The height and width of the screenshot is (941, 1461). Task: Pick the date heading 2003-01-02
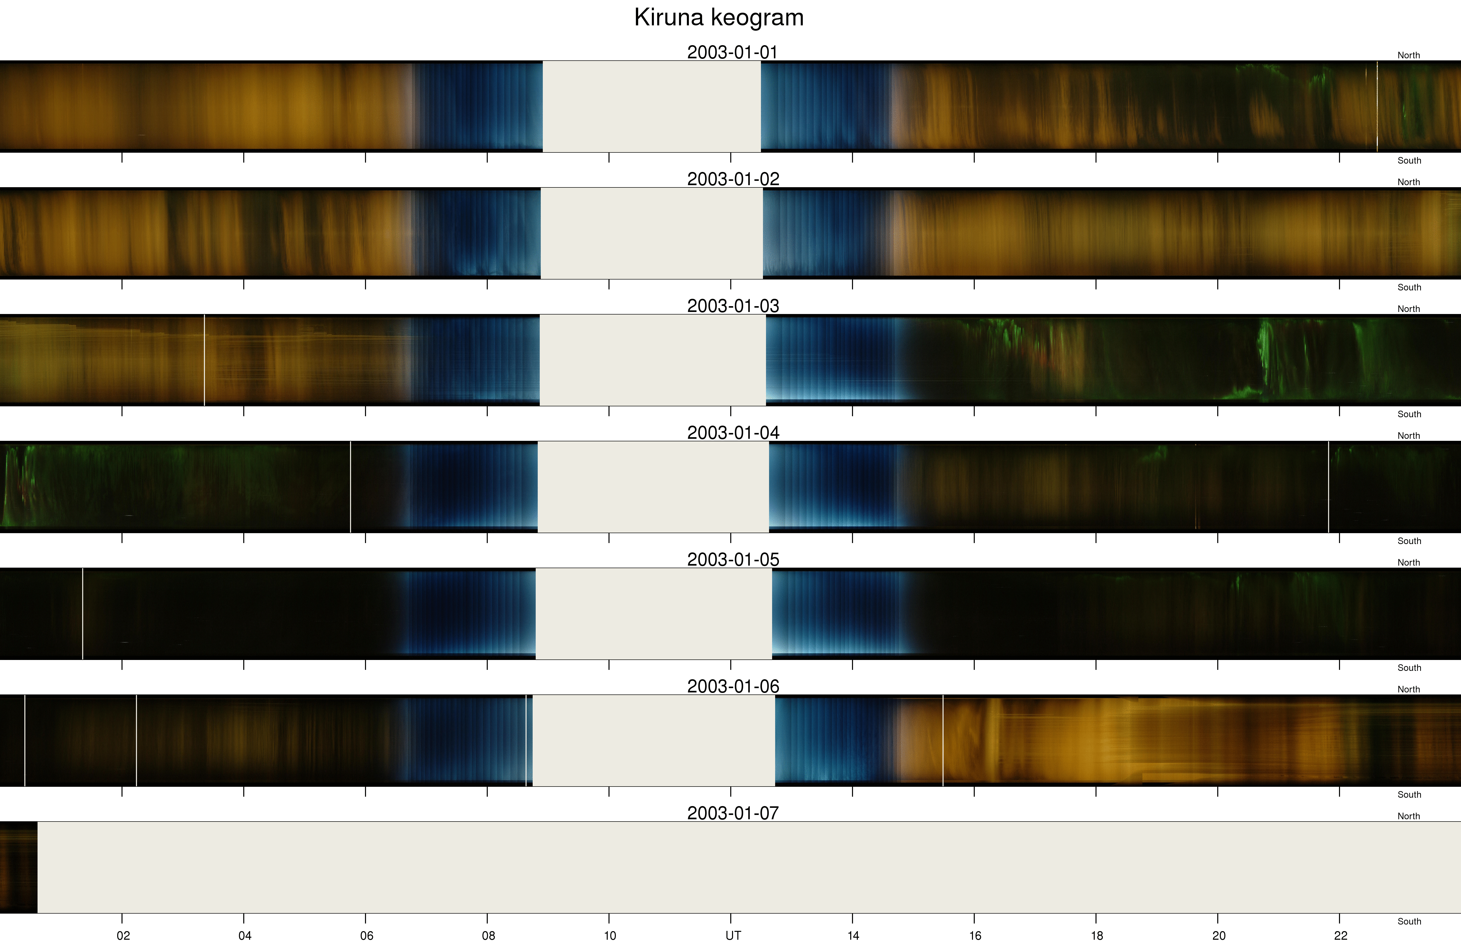tap(733, 179)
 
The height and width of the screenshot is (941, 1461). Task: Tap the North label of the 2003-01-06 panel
tap(1408, 689)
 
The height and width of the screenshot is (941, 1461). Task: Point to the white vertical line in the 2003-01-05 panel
tap(82, 614)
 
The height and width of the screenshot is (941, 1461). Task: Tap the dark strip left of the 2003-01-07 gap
tap(18, 867)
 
